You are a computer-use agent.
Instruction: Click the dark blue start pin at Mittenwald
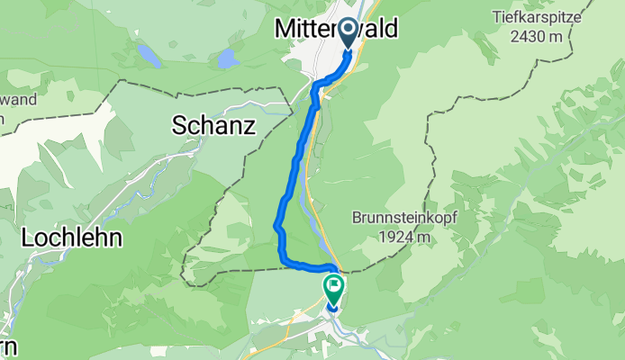click(347, 35)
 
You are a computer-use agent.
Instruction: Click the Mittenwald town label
click(334, 30)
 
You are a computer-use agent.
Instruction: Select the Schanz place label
click(214, 127)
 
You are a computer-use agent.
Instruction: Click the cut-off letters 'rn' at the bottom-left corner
click(7, 348)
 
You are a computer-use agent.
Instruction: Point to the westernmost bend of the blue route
click(276, 225)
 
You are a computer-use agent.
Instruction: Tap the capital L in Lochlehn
click(27, 238)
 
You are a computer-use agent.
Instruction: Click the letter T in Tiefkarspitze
click(495, 15)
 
